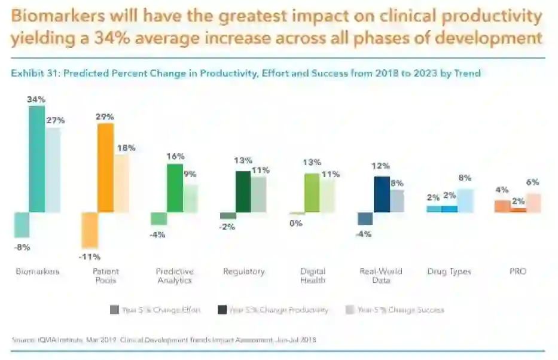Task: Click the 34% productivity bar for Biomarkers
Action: pos(36,159)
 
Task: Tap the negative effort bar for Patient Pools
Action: pos(90,230)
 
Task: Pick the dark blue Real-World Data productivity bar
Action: pos(382,194)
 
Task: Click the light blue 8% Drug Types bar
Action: pos(465,200)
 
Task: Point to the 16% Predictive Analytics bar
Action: pos(175,188)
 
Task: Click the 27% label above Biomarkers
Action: pos(55,120)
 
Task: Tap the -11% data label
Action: pos(90,257)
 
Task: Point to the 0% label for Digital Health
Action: pos(295,223)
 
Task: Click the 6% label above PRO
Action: pos(533,182)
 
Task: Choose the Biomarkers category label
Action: pos(37,271)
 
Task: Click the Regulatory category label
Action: pos(243,271)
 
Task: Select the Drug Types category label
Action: pos(449,271)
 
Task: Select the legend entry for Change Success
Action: pos(400,310)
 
